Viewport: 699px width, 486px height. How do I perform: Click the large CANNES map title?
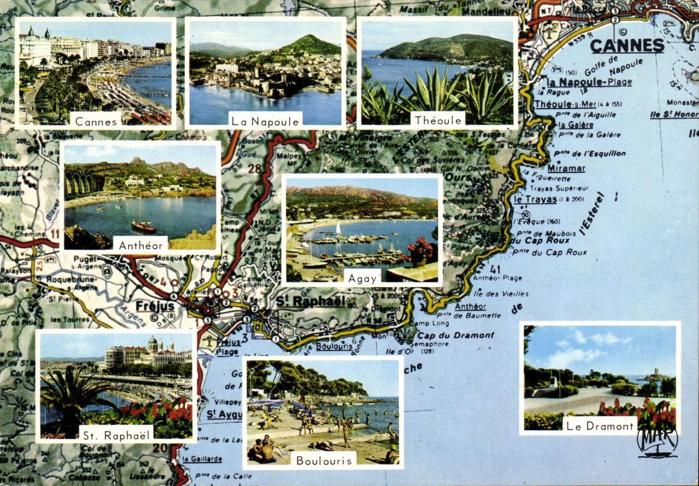(627, 46)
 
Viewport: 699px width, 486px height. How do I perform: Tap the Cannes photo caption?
(96, 122)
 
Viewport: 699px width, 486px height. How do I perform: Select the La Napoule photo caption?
(265, 122)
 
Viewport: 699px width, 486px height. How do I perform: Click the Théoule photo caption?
(438, 120)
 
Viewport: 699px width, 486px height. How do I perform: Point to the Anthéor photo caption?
(141, 245)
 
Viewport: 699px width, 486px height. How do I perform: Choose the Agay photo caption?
(362, 278)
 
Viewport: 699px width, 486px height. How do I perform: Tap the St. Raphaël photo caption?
(116, 435)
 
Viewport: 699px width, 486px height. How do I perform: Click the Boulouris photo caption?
(324, 461)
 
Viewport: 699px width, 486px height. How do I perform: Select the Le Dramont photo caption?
(600, 426)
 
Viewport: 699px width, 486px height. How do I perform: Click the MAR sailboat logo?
(657, 441)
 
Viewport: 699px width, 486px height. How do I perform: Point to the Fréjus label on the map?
(155, 306)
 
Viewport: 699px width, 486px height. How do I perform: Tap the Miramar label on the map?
(566, 168)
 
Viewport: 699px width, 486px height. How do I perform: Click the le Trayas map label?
(535, 199)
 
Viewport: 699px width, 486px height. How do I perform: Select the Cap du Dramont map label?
(455, 335)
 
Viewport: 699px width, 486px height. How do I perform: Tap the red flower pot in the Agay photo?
(419, 252)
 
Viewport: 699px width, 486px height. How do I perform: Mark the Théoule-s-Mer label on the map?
(565, 104)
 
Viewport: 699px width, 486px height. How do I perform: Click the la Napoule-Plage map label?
(590, 82)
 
